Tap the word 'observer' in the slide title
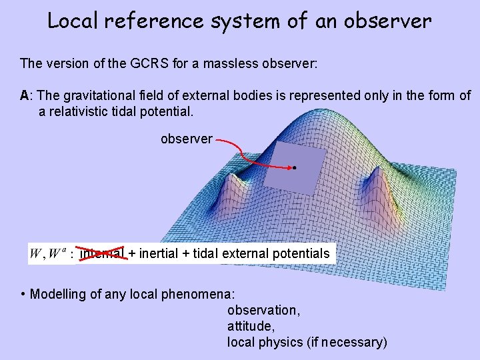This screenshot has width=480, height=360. [x=389, y=21]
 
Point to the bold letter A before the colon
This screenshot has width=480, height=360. [x=25, y=95]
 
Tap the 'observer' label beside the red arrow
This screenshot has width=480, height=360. [x=187, y=139]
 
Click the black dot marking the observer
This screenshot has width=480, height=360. [x=293, y=169]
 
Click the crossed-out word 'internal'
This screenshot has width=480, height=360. [x=102, y=253]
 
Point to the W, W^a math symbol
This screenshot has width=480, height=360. [x=48, y=254]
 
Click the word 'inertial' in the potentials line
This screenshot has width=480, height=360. [x=158, y=253]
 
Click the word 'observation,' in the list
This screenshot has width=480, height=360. [x=264, y=310]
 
